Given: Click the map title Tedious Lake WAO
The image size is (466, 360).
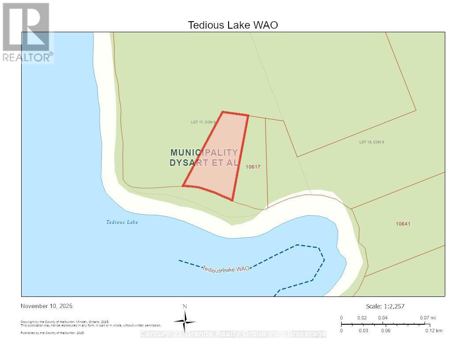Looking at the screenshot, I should [233, 25].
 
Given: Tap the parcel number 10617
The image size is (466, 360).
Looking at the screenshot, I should [253, 167].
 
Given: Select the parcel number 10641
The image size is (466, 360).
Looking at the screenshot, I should [403, 224].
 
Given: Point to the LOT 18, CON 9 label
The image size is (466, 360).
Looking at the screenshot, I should [372, 142].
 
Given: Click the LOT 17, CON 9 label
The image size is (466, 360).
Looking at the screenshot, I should [203, 122].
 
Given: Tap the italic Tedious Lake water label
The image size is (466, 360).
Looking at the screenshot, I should [122, 222].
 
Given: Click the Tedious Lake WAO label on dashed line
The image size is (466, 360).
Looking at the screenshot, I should [226, 268].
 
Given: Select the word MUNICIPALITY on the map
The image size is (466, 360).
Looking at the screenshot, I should [204, 152].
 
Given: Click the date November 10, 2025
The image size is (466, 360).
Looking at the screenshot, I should [47, 306].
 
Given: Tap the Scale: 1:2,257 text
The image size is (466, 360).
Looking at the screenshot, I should [385, 306].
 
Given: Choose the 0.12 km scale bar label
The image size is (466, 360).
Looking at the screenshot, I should [434, 330].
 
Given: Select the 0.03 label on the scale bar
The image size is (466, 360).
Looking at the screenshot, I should [364, 330].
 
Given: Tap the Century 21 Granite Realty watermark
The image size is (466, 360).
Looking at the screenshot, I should [233, 334].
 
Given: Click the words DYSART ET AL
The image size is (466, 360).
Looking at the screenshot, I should [204, 162].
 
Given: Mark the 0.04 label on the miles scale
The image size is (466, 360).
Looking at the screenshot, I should [383, 318].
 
